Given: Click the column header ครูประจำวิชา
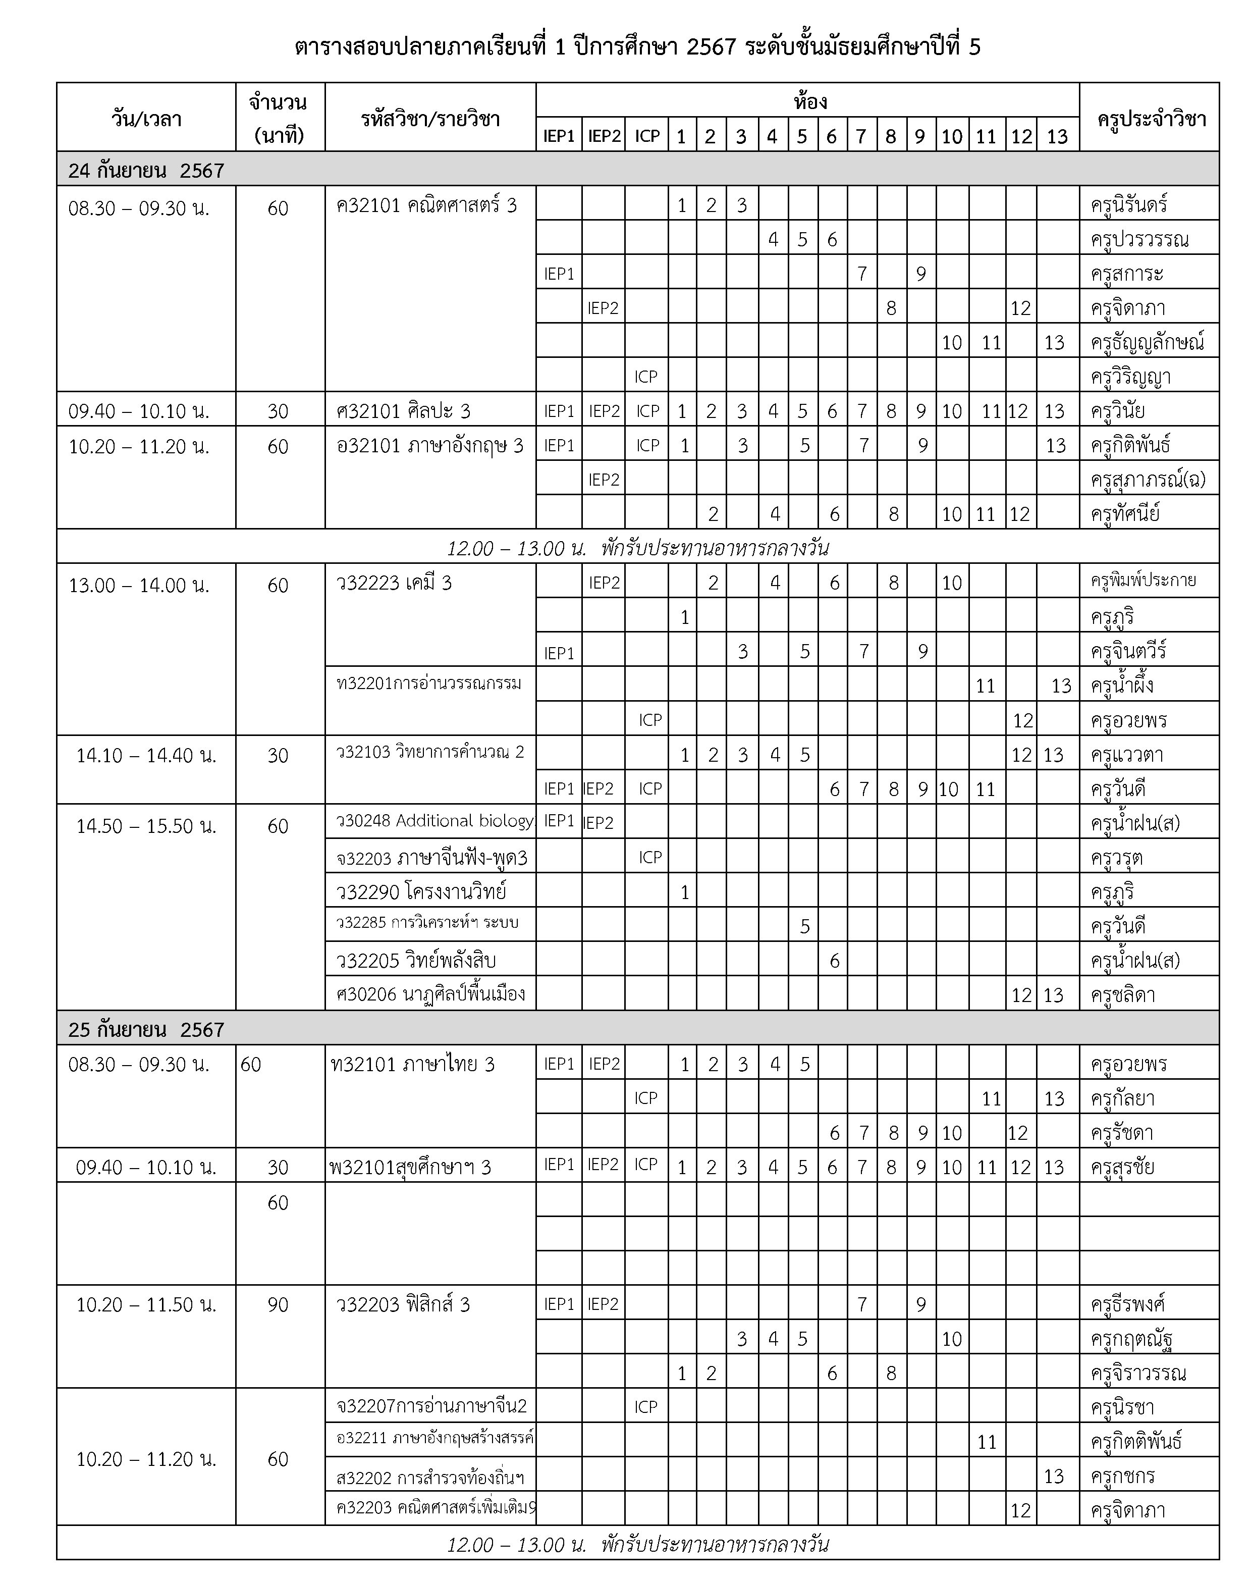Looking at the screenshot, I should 1151,118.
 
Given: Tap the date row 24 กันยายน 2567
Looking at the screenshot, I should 147,170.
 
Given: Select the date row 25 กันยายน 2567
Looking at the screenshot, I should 147,1030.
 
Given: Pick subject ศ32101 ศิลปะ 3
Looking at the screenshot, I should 403,411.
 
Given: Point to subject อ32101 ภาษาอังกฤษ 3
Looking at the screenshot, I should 429,445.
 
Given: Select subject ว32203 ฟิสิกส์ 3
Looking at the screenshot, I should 403,1304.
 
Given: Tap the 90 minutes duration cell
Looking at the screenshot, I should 278,1304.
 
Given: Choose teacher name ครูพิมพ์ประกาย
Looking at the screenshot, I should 1144,581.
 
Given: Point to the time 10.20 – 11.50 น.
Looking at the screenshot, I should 147,1304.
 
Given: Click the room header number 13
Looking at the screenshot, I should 1057,136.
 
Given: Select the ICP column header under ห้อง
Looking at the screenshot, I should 647,136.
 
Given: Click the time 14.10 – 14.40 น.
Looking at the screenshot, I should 147,755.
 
